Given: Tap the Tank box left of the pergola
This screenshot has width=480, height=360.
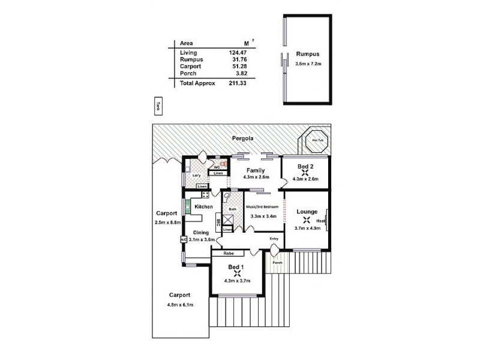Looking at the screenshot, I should click(158, 106).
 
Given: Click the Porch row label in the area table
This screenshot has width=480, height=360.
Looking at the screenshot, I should click(188, 73).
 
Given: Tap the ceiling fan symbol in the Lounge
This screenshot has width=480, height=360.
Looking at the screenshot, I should click(307, 219).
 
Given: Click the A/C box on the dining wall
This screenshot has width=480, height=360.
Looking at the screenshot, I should click(184, 239).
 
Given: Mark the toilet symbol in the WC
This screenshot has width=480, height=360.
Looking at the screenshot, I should click(224, 162).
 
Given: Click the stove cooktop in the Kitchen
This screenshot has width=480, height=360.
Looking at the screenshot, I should click(205, 194).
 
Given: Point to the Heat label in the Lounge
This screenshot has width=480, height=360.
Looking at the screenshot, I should click(322, 220).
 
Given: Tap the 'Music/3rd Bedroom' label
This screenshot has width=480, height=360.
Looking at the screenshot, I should click(262, 206).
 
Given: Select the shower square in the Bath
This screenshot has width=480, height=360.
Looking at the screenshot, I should click(229, 218).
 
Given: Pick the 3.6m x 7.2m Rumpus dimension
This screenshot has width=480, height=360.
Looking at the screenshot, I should click(309, 63).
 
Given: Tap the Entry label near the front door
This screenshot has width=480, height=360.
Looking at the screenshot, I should click(274, 239).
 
